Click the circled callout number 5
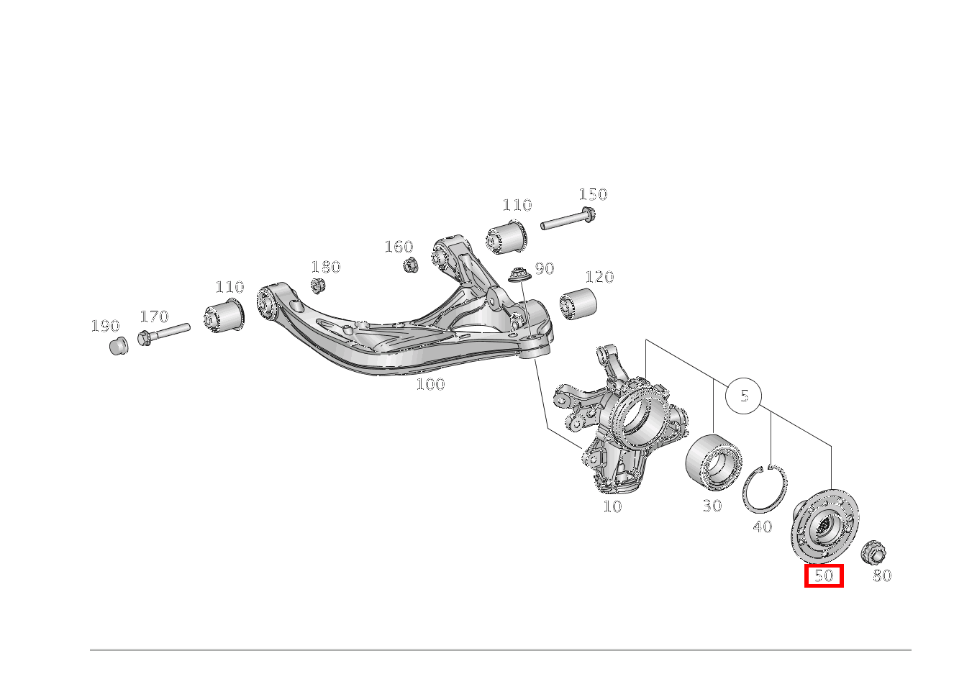pyautogui.click(x=743, y=396)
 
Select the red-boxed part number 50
pyautogui.click(x=824, y=575)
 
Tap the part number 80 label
pyautogui.click(x=882, y=575)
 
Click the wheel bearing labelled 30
pyautogui.click(x=714, y=463)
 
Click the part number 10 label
pyautogui.click(x=612, y=506)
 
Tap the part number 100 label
pyautogui.click(x=430, y=384)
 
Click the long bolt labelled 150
pyautogui.click(x=568, y=218)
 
